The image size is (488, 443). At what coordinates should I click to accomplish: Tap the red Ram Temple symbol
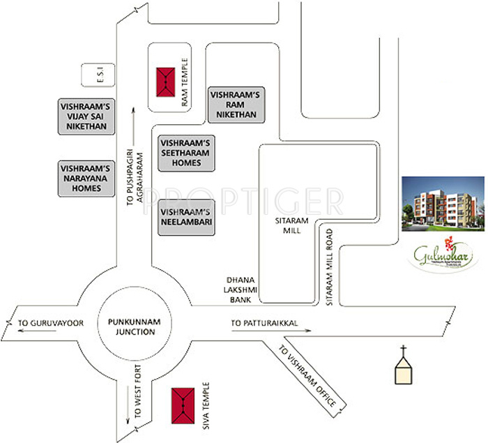[x=165, y=82]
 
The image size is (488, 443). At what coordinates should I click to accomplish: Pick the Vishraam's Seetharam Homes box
[x=186, y=153]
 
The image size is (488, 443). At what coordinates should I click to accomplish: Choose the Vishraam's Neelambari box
[x=186, y=217]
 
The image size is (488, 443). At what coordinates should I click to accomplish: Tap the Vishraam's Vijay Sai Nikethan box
[x=87, y=117]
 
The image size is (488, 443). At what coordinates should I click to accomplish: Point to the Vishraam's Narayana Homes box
[x=86, y=178]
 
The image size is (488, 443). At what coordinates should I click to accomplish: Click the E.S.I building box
[x=93, y=76]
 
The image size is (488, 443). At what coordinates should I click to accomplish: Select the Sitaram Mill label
[x=287, y=225]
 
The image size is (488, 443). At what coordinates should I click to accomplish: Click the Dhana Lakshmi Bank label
[x=239, y=287]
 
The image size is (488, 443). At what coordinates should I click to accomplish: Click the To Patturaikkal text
[x=264, y=323]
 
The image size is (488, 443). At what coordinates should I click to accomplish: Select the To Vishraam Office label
[x=307, y=377]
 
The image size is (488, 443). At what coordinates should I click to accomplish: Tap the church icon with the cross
[x=402, y=368]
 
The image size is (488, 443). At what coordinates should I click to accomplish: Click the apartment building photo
[x=443, y=202]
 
